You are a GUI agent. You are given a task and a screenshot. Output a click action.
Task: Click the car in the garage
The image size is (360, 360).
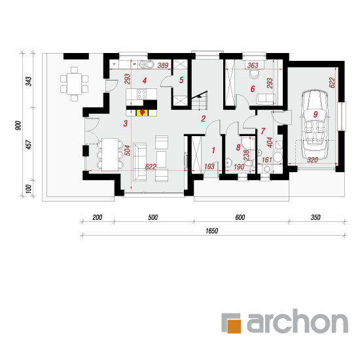[314, 124]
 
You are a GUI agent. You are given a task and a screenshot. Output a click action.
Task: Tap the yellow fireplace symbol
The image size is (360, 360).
[142, 113]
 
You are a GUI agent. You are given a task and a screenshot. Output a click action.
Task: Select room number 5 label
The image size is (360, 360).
[181, 80]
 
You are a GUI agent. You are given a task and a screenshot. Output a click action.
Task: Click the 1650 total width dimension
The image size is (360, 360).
[211, 231]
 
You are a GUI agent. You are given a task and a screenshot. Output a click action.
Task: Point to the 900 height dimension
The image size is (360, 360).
[18, 126]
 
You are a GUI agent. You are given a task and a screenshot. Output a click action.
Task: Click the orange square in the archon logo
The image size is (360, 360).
[234, 326]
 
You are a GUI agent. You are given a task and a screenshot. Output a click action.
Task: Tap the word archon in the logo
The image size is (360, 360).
[298, 321]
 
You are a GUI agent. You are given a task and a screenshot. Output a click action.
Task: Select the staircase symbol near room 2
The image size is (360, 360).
[200, 100]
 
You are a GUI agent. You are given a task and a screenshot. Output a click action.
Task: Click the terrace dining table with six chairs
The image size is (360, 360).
[74, 84]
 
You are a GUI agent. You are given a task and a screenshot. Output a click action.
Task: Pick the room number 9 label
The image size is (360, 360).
[315, 115]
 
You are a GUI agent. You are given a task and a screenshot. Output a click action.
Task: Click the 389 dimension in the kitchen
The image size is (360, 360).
[163, 65]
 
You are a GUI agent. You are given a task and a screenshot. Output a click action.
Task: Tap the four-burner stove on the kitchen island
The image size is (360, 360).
[141, 94]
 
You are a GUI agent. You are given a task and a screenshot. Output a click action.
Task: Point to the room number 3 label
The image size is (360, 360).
[126, 124]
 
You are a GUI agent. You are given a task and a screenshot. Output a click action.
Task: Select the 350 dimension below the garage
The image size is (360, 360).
[315, 217]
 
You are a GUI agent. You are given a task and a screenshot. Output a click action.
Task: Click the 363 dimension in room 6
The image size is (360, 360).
[253, 65]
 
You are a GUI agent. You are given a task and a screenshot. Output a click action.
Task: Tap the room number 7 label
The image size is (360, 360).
[263, 131]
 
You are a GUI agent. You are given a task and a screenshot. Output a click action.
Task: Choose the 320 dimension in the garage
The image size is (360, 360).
[312, 160]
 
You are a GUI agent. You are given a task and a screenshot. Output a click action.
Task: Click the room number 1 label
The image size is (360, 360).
[213, 150]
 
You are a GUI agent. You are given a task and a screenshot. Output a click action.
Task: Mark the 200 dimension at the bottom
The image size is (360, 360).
[98, 217]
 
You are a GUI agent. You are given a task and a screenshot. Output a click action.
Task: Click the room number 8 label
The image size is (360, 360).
[238, 147]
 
